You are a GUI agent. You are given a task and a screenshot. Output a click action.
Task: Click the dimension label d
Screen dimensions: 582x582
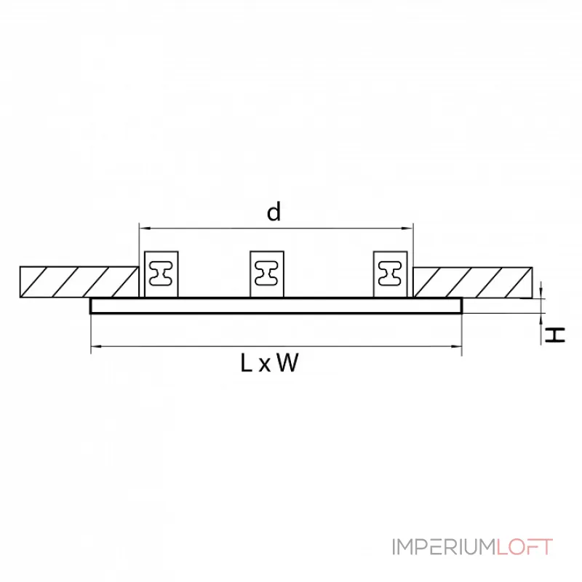[274, 212]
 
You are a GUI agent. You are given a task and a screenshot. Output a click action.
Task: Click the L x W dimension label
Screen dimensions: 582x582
[269, 363]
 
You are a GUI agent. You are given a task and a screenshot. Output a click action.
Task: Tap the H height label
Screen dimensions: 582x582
[556, 335]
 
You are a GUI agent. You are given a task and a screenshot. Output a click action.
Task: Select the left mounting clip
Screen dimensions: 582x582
[161, 274]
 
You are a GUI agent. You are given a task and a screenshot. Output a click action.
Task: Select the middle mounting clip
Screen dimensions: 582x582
[267, 274]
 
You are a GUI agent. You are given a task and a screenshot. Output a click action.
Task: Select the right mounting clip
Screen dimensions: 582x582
[392, 274]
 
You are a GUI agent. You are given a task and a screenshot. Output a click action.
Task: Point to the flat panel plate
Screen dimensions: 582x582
[276, 306]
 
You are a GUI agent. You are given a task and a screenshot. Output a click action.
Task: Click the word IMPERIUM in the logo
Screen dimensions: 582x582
[445, 547]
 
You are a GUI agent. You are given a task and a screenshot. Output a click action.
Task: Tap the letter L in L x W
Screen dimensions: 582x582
[247, 363]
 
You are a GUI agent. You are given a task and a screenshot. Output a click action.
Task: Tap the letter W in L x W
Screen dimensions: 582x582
[288, 363]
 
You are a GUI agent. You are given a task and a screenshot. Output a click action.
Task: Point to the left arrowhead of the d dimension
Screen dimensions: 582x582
[142, 228]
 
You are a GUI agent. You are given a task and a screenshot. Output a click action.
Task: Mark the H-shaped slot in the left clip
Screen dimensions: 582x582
[161, 274]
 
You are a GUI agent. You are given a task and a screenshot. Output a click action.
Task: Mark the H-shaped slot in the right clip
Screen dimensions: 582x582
[392, 274]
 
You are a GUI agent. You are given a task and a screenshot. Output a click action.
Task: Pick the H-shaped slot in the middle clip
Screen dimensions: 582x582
[267, 274]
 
